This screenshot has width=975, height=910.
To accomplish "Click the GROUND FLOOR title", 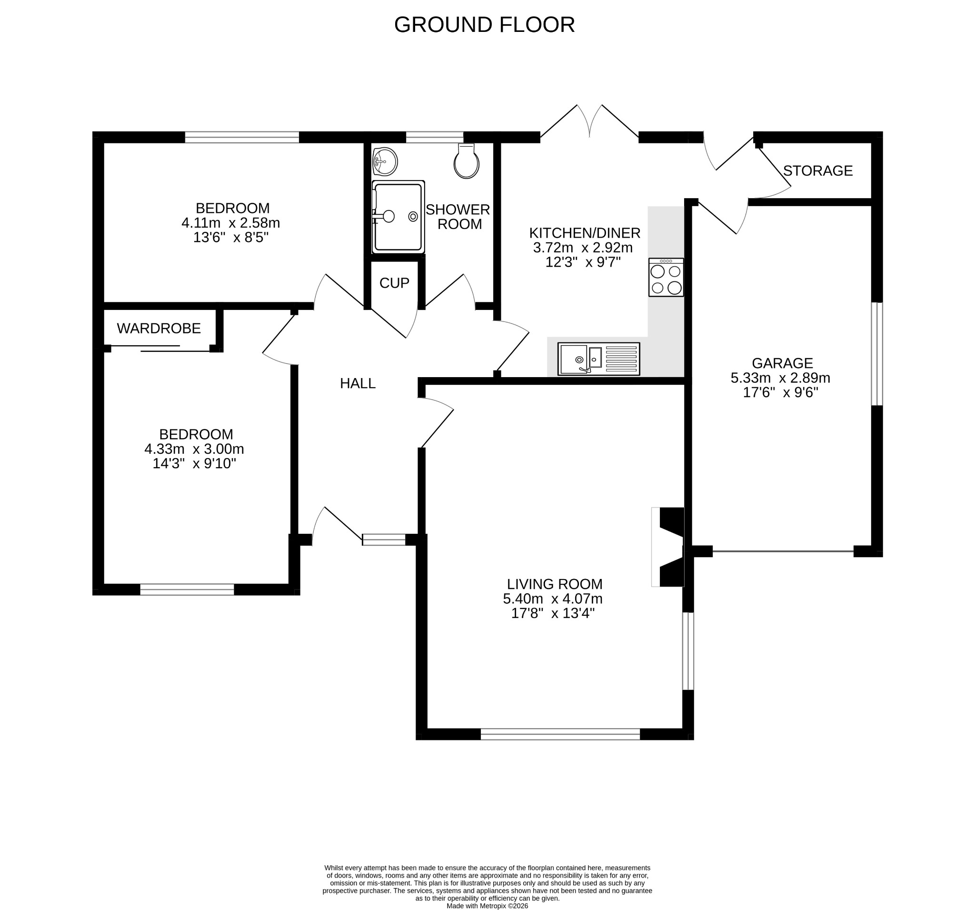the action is coord(484,25).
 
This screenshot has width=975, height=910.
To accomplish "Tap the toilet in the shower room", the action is coord(466,161).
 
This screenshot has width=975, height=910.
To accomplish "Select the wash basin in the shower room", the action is coord(385,161).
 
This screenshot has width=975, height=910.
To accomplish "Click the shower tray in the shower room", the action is coord(398,217).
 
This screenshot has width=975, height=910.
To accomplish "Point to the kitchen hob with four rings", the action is coord(666,277).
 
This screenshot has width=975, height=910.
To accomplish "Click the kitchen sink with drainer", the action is coord(599,359).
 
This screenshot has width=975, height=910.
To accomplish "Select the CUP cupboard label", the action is coord(394,283).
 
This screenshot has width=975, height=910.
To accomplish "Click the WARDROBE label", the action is coord(159,328).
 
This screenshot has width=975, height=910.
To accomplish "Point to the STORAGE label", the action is coord(817,171).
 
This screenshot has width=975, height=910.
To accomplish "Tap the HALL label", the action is coord(358,383).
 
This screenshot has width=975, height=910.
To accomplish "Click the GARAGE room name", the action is coord(782,363).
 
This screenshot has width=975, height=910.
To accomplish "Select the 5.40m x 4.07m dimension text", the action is coord(553,599).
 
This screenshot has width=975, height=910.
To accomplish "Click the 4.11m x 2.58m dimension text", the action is coord(230,223).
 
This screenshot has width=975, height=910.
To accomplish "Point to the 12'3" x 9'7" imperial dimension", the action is coord(583,262).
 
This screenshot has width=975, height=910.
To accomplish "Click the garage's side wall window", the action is coord(877,354).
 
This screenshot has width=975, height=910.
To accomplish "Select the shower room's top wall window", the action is coord(435,137).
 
